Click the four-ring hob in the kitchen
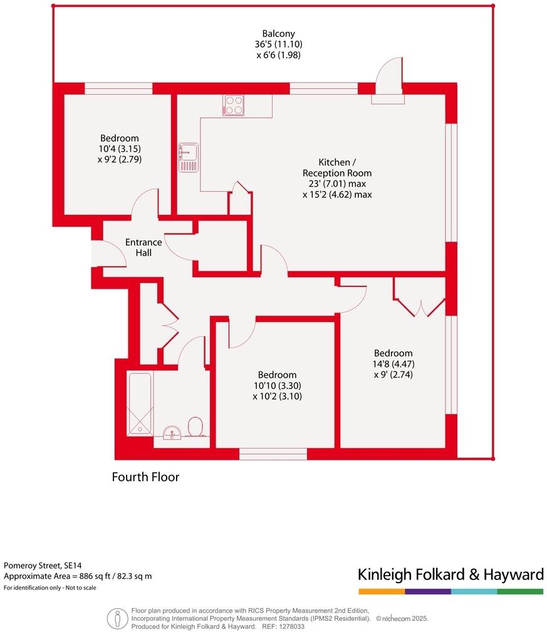click(x=233, y=105)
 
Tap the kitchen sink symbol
click(x=188, y=157)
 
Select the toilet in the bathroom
click(x=195, y=428)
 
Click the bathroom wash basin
click(x=171, y=432)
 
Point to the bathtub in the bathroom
click(x=140, y=404)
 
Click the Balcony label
click(x=279, y=34)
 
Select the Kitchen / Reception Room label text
click(x=336, y=167)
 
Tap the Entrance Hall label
click(x=143, y=247)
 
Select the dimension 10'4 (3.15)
click(x=119, y=149)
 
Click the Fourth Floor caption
click(x=145, y=477)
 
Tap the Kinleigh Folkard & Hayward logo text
click(x=450, y=574)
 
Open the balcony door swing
click(x=388, y=78)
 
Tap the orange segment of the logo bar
click(x=381, y=591)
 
